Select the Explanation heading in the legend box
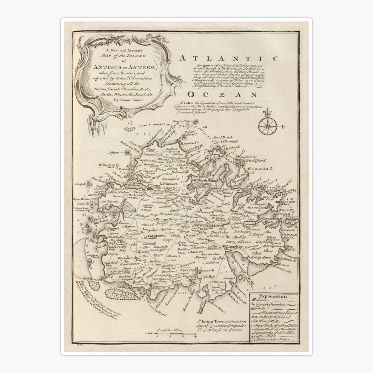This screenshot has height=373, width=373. coord(274,296)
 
